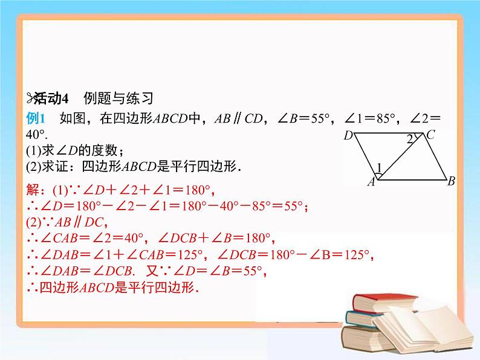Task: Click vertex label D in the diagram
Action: [x=348, y=136]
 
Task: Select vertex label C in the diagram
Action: [x=430, y=135]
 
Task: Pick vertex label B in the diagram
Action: [x=451, y=180]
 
